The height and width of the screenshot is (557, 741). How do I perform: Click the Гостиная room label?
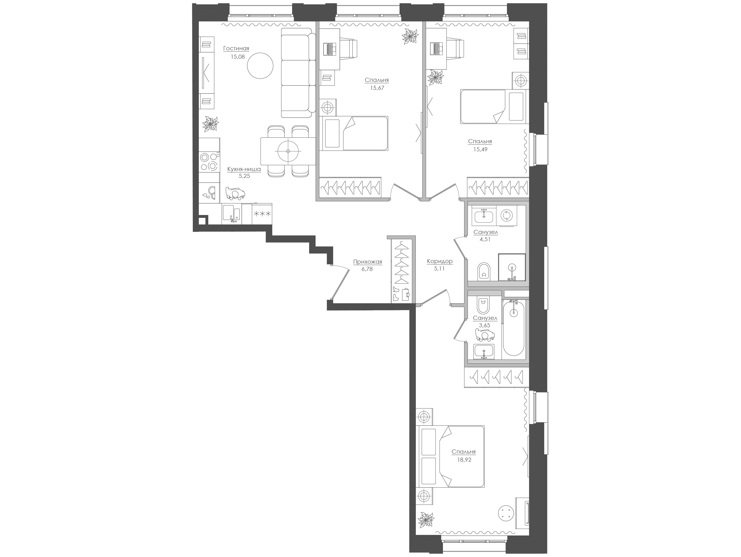coord(236,49)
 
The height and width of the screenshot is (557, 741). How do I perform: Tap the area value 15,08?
coord(238,57)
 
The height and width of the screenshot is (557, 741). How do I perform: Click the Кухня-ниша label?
coord(244,169)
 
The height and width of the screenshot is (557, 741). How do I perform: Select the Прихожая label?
coord(367,262)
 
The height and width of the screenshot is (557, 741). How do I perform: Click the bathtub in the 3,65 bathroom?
coord(513,328)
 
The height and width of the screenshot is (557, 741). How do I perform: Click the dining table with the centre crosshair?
coord(288,151)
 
